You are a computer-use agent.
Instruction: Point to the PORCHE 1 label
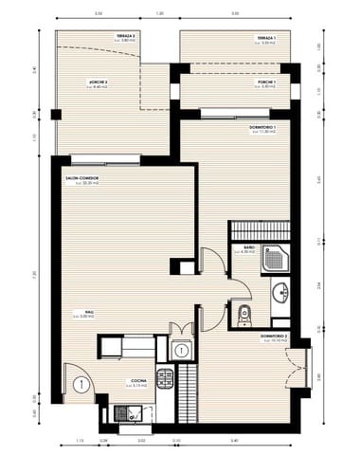[x=267, y=83]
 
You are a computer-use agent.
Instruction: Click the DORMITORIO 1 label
[x=262, y=127]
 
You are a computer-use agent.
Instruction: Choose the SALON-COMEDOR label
[x=83, y=177]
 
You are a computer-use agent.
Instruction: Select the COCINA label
[x=137, y=382]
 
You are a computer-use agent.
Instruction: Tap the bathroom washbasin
[x=281, y=292]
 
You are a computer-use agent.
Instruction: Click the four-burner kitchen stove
[x=166, y=380]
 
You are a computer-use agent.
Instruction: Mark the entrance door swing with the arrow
[x=82, y=384]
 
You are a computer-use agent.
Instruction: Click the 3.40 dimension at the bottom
[x=233, y=443]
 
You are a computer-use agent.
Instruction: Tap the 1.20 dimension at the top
[x=160, y=14]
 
